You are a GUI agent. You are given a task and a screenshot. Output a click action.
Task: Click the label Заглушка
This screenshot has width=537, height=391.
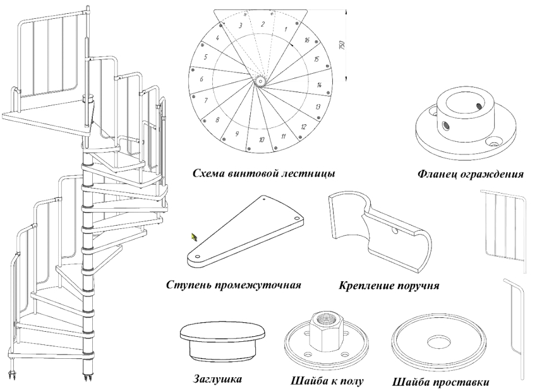(x=217, y=380)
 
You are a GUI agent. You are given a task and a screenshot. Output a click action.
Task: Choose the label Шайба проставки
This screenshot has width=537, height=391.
(x=440, y=382)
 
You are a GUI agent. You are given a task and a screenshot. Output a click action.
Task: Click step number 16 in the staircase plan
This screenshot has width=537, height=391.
(x=306, y=40)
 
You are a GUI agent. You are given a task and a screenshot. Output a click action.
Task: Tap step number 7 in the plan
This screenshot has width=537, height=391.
(x=206, y=100)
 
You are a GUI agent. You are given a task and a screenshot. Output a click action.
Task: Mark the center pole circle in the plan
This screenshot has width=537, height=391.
(x=260, y=80)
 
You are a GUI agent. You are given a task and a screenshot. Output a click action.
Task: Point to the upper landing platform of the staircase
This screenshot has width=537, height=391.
(x=44, y=117)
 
